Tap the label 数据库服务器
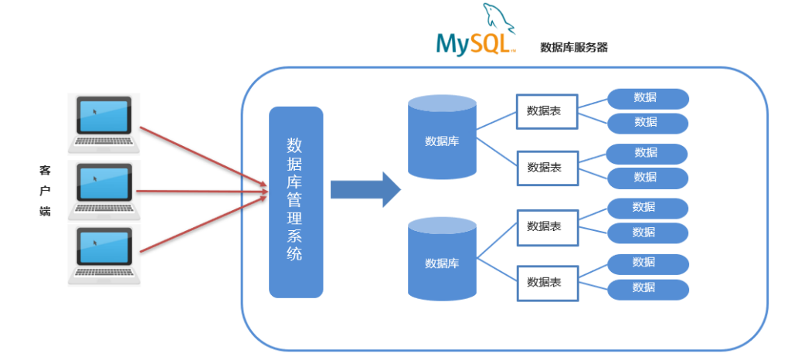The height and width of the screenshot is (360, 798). [574, 48]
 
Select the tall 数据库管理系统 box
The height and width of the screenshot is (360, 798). [296, 202]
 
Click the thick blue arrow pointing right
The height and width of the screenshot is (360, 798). [366, 190]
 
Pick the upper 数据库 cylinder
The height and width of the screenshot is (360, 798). [442, 138]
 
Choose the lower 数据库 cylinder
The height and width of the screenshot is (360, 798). [442, 259]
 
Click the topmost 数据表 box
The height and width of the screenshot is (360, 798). [547, 111]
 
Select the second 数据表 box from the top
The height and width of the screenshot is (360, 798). [548, 168]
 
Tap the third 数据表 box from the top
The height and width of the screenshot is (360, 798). [548, 227]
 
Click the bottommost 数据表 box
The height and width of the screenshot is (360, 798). [548, 283]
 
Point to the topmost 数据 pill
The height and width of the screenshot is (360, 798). [648, 99]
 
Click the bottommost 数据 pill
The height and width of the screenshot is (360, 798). [648, 289]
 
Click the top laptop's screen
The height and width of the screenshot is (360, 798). [104, 116]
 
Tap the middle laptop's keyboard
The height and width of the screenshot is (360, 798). [104, 208]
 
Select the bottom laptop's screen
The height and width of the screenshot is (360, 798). [104, 249]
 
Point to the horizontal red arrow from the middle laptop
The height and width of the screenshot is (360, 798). [202, 192]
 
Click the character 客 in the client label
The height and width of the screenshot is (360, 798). [45, 171]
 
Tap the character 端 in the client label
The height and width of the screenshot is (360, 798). [45, 212]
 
